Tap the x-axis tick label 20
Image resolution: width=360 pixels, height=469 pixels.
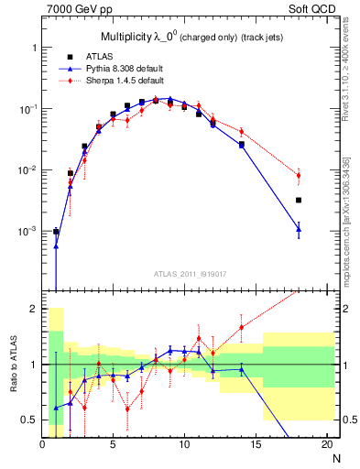(x=327, y=444)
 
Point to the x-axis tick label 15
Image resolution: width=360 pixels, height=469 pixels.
(x=256, y=444)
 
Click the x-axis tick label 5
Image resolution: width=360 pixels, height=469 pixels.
(x=113, y=444)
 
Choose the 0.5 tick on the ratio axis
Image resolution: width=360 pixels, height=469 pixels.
(x=30, y=420)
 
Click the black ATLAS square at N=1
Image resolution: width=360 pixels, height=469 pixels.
(x=56, y=232)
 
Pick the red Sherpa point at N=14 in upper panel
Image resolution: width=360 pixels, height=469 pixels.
(x=242, y=132)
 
